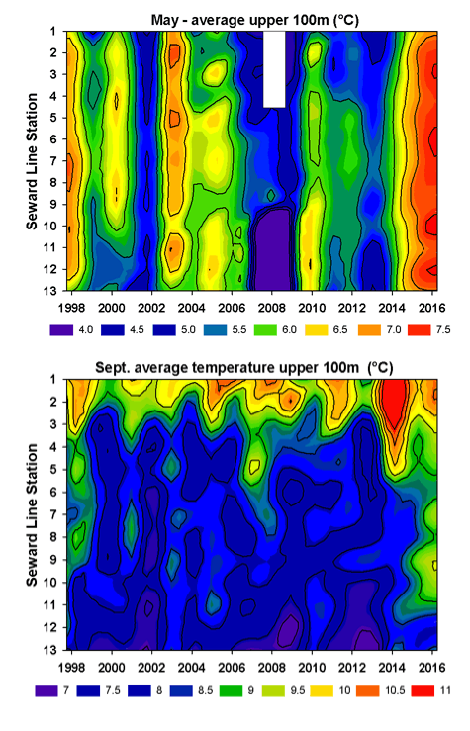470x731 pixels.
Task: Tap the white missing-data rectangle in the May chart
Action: pyautogui.click(x=274, y=68)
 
